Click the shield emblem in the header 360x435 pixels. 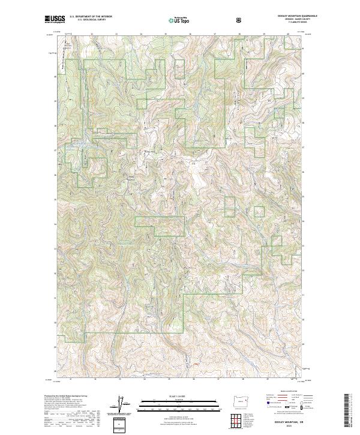click(239, 20)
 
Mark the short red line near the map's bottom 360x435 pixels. click(194, 363)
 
